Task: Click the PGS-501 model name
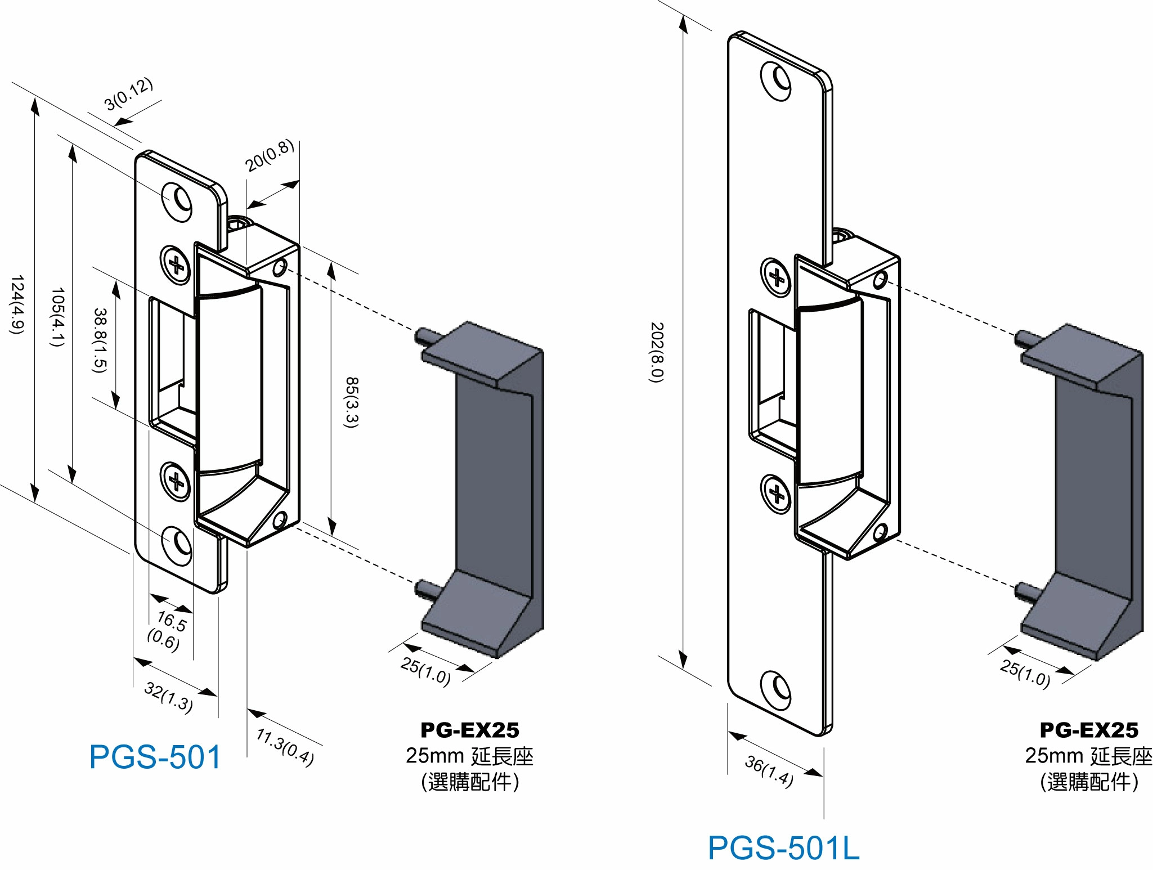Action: (155, 757)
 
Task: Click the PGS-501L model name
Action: (783, 848)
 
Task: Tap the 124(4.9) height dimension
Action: (17, 304)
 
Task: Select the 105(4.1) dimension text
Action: (58, 316)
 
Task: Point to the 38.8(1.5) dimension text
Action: (100, 340)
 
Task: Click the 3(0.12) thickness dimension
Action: (129, 93)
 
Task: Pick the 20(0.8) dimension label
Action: (270, 155)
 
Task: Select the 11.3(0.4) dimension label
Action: (285, 747)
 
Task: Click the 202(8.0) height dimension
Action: (657, 352)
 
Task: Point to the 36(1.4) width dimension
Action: (769, 770)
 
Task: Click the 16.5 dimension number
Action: (171, 621)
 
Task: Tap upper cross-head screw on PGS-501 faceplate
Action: (176, 264)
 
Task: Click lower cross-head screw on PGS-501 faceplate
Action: (176, 482)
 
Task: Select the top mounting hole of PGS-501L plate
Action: (776, 80)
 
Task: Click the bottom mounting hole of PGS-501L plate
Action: (776, 689)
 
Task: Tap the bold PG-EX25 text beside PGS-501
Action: (470, 730)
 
